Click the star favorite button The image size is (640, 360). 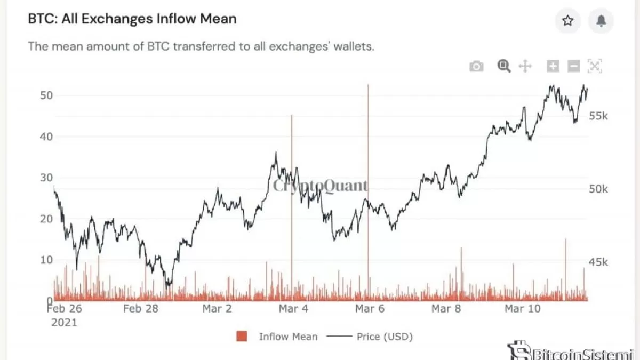click(x=568, y=21)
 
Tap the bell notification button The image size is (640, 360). click(x=601, y=21)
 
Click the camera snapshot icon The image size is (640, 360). click(x=476, y=66)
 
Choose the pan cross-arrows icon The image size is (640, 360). click(x=525, y=66)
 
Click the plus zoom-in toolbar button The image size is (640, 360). click(x=553, y=66)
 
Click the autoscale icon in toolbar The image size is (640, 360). click(x=594, y=66)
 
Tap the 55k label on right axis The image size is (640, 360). click(x=598, y=117)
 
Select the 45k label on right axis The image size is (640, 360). click(x=598, y=262)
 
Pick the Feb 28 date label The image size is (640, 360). click(x=140, y=309)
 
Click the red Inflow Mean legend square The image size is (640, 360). click(x=242, y=337)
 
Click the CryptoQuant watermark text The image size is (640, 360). click(x=320, y=186)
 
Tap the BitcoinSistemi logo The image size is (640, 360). click(x=571, y=352)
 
